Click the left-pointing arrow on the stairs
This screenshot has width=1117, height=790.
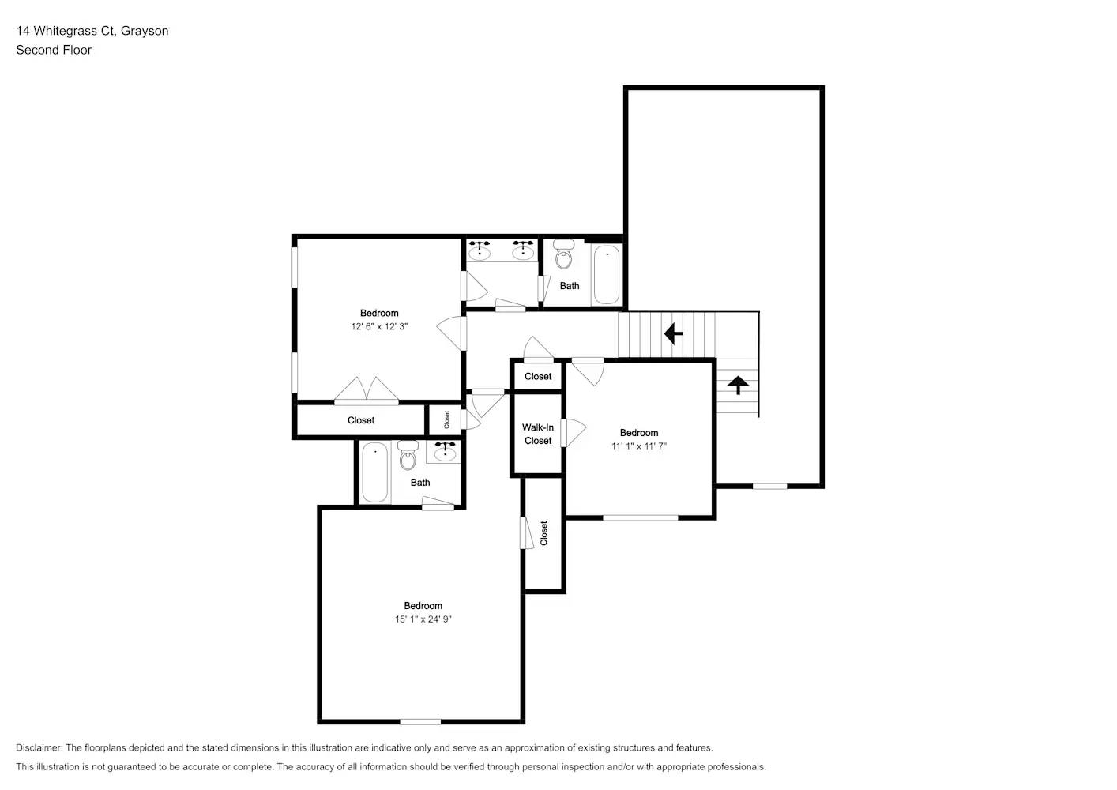coord(673,334)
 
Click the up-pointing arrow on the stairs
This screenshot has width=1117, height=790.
coord(738,386)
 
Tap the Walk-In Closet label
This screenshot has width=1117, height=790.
coord(538,434)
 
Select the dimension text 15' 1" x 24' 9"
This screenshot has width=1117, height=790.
coord(423,619)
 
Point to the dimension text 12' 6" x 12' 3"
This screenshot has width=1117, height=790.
coord(379,326)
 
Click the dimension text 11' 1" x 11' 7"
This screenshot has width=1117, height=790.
coord(639,446)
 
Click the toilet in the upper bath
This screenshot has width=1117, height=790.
coord(564,255)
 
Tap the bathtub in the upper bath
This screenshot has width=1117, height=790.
coord(606,274)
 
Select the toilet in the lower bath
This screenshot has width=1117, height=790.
coord(408,457)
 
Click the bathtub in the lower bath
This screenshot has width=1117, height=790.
coord(374,472)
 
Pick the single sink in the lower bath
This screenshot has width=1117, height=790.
coord(445,452)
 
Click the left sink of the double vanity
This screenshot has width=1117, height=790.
coord(480,250)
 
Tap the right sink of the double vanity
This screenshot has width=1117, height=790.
coord(522,250)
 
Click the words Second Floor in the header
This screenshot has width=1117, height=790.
coord(54,50)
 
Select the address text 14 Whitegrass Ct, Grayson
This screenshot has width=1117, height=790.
coord(92,31)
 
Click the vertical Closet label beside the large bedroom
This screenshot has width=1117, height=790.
coord(543,532)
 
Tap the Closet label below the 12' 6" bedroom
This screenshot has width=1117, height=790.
coord(361,420)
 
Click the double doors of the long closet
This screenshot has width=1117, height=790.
coord(366,390)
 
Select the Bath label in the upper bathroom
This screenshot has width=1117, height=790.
coord(570,286)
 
